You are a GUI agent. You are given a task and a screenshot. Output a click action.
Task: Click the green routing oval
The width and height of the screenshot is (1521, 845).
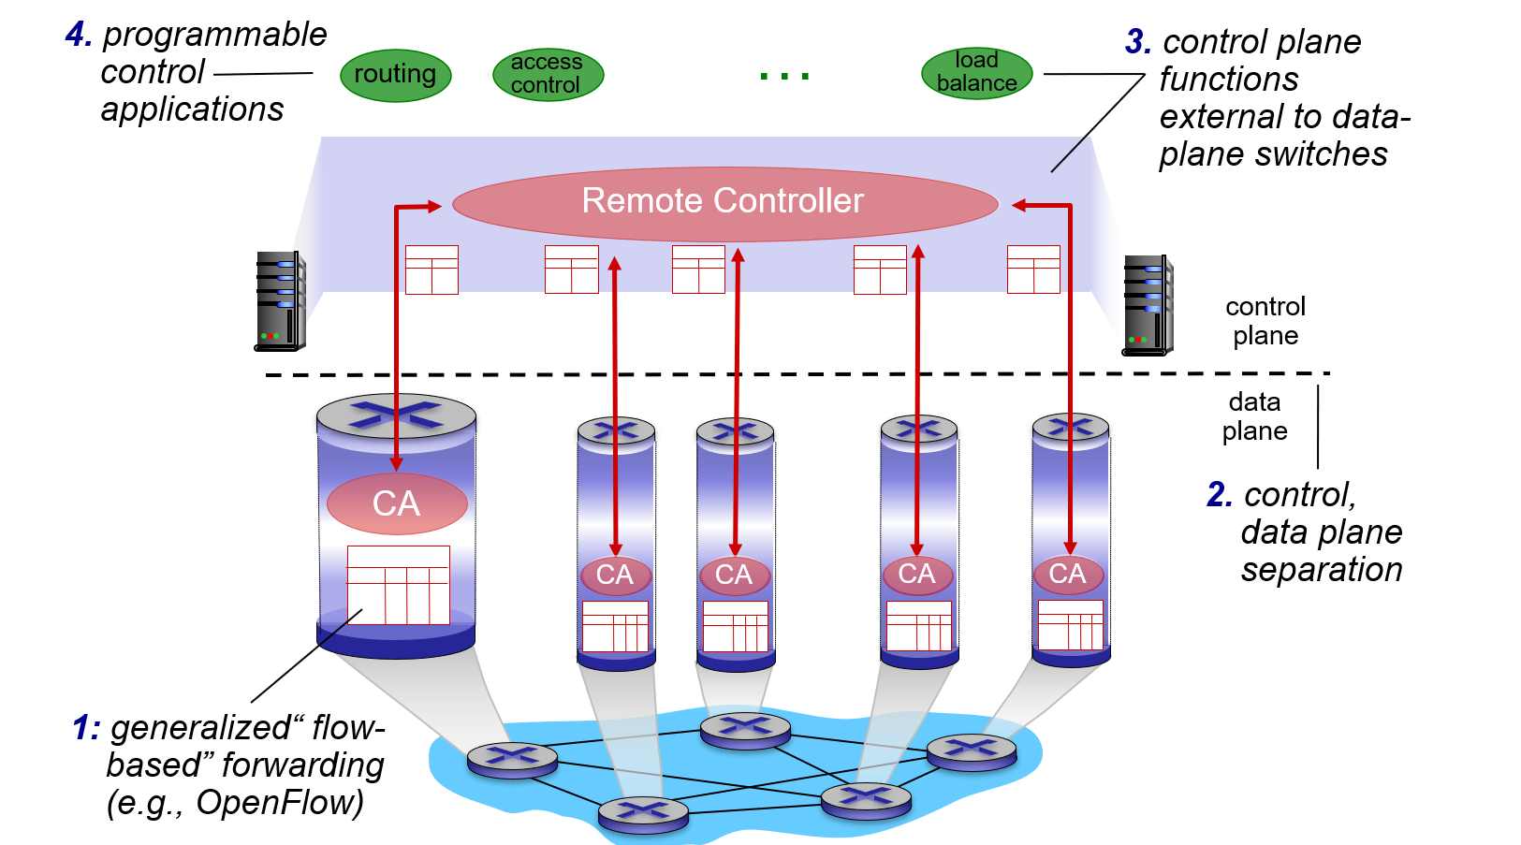395,75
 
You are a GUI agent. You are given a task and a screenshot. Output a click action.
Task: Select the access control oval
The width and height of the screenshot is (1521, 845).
548,74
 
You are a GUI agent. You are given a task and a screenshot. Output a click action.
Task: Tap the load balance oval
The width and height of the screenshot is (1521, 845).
976,73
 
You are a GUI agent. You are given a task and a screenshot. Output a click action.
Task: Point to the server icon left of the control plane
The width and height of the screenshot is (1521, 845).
280,300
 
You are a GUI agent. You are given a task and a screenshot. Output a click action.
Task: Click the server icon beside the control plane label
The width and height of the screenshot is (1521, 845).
1148,305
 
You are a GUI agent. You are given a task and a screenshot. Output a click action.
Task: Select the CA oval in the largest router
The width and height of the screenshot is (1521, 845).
397,503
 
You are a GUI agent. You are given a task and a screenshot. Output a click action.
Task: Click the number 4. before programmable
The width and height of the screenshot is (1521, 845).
79,35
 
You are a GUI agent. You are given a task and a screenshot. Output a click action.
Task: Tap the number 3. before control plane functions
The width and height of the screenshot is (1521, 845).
1138,42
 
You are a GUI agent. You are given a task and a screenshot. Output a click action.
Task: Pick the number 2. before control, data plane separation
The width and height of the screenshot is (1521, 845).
1219,494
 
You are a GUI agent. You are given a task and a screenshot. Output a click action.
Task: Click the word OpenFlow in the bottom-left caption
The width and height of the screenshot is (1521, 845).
279,803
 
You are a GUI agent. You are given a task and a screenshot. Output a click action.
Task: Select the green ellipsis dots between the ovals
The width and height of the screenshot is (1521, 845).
784,76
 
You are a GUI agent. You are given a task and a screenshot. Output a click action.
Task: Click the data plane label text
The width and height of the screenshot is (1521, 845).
1254,416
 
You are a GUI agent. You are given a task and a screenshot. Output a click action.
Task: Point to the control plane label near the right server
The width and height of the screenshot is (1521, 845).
1265,321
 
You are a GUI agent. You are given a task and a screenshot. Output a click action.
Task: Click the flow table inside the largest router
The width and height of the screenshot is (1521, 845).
399,585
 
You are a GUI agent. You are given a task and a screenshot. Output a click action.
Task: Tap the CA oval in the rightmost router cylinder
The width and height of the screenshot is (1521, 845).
1068,574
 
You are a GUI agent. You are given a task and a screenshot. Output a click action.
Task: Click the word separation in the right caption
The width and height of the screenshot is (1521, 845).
1322,570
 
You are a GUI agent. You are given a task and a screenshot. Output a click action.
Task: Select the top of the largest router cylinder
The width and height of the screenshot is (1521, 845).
396,415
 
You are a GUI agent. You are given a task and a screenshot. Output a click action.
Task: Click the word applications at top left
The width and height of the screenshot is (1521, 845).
192,109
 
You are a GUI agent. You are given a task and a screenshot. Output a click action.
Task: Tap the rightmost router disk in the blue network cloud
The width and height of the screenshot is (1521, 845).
972,750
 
